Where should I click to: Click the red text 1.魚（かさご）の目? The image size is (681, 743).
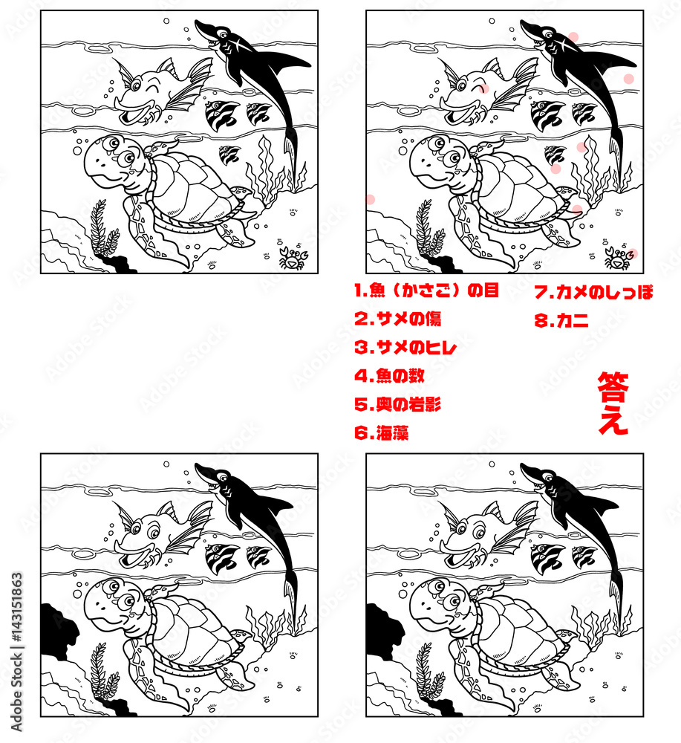426,291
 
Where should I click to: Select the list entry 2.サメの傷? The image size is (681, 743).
397,319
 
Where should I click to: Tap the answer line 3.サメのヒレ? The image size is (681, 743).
405,348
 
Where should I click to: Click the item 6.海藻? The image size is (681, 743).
381,433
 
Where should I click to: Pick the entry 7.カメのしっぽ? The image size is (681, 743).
593,292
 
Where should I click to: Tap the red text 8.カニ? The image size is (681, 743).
561,321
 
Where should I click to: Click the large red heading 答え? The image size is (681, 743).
613,403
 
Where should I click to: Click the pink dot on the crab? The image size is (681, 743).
632,254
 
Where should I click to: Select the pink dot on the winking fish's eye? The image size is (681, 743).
484,88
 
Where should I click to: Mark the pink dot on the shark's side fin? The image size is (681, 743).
628,79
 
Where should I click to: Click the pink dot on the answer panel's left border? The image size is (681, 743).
369,198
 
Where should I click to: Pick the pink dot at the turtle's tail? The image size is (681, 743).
577,210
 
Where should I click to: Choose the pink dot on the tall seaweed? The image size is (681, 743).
581,147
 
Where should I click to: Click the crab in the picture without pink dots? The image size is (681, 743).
290,259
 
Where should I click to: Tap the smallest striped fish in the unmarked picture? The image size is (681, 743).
229,155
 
